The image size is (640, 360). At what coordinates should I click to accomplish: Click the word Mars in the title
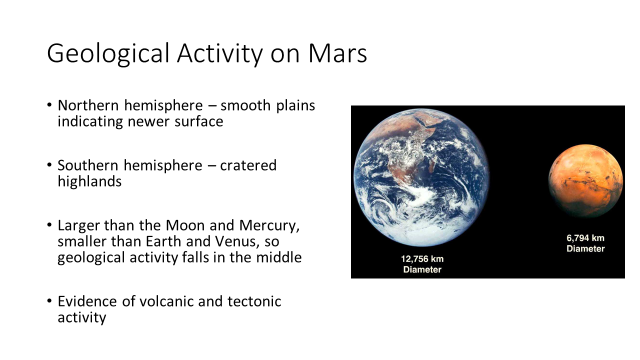click(337, 53)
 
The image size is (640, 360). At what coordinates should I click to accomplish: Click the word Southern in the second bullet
click(88, 165)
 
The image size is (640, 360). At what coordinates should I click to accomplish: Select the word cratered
click(248, 165)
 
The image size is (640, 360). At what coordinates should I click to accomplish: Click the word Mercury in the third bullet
click(269, 226)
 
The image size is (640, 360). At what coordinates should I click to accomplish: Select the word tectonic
click(254, 301)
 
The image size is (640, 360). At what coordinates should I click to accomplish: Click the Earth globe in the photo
click(421, 177)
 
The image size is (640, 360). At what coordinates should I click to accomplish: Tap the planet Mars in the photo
click(585, 181)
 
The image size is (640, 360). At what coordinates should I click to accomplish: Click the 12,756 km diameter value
click(422, 259)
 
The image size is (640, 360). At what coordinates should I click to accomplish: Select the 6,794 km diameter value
click(585, 238)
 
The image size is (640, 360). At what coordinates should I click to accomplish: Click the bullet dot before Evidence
click(49, 301)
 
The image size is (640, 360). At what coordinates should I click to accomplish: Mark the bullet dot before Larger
click(49, 225)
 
